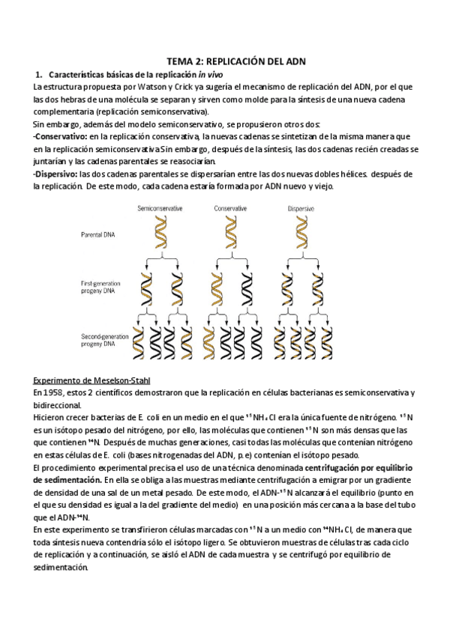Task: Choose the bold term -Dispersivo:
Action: click(56, 174)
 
